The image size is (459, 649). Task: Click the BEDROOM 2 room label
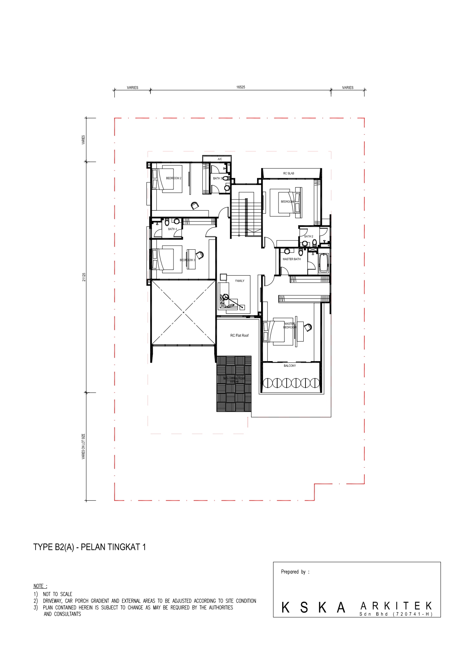173,178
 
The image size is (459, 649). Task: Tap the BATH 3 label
217,178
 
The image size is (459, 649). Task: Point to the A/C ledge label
220,159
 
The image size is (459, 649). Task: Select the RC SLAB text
288,174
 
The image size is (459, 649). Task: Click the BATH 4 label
172,229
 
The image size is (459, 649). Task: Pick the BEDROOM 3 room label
187,260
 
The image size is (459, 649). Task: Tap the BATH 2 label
308,236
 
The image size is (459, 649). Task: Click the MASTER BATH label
291,259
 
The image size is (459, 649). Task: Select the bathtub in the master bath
324,263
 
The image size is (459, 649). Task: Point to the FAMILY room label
240,281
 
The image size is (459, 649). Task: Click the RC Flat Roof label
239,336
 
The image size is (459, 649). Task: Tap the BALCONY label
290,366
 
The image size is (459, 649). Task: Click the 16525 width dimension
240,87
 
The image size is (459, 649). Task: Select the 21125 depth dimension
84,277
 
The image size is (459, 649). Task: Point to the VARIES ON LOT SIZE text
84,447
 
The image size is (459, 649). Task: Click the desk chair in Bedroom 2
195,205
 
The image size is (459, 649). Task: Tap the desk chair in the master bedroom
308,327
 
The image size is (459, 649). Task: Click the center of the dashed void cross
183,313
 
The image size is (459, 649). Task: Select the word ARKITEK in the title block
396,606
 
